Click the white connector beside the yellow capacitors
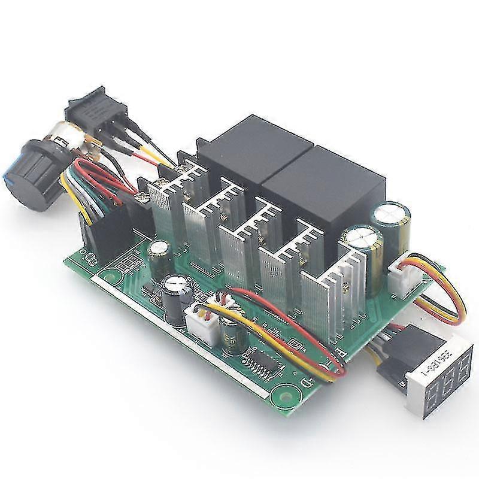click(402, 273)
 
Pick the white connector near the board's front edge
click(199, 321)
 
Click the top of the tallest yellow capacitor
click(383, 211)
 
